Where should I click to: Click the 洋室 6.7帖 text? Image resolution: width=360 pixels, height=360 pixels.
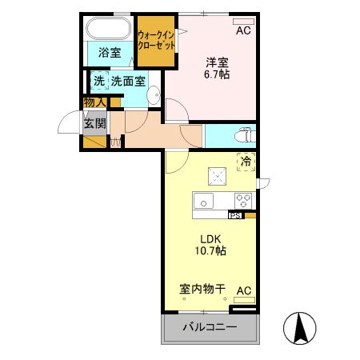click(x=215, y=68)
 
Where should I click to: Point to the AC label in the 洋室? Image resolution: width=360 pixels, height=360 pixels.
click(x=243, y=31)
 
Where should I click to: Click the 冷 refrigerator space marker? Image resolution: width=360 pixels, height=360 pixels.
click(x=246, y=161)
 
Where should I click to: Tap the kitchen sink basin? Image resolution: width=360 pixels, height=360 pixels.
click(x=203, y=199)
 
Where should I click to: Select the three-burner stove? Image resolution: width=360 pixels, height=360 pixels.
click(x=243, y=199)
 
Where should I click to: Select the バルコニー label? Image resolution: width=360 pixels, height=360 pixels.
click(x=210, y=328)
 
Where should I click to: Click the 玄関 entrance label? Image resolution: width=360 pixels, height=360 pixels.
click(x=94, y=124)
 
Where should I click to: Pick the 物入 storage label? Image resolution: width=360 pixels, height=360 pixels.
click(x=95, y=102)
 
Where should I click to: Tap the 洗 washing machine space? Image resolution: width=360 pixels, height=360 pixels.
click(x=98, y=81)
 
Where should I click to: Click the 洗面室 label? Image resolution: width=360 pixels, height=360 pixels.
click(x=128, y=81)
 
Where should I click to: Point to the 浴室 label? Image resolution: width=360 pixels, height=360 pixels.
click(x=110, y=54)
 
